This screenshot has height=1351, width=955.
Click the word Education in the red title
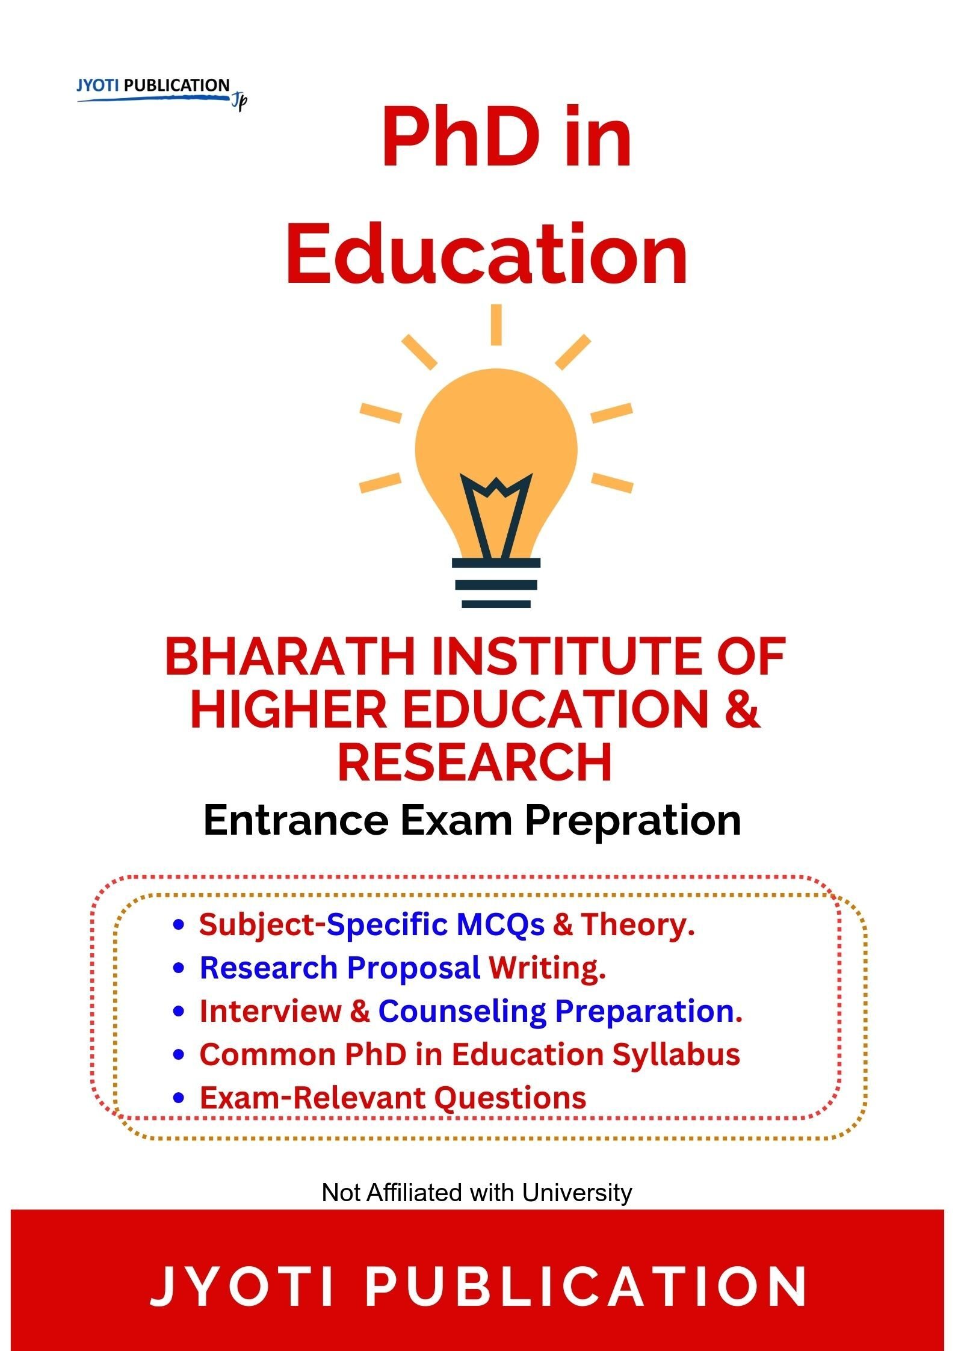point(486,253)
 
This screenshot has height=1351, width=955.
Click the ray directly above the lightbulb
point(496,324)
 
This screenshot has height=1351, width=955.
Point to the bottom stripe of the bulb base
point(496,604)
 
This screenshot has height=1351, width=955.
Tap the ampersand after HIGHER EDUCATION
point(741,709)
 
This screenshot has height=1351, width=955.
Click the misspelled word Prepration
point(633,821)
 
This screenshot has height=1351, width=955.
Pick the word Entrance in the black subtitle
point(295,820)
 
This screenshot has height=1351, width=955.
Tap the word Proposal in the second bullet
point(413,968)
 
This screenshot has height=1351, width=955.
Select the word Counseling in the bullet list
point(462,1012)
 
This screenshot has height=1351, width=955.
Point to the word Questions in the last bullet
point(510,1098)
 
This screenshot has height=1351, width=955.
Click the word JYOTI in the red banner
point(241,1287)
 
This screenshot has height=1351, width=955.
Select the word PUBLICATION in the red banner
point(586,1287)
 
